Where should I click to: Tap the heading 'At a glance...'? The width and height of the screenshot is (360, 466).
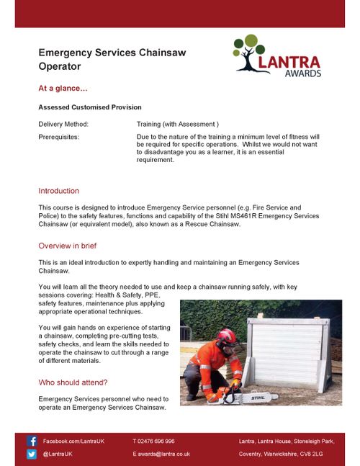click(63, 89)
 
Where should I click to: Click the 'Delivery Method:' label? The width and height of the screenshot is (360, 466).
click(63, 124)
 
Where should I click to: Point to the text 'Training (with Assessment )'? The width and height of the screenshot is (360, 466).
click(177, 124)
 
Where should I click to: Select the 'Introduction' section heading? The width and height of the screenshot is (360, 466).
click(58, 191)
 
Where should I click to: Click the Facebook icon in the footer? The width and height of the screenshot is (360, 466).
click(32, 441)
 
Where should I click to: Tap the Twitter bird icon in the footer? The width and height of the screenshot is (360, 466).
click(32, 454)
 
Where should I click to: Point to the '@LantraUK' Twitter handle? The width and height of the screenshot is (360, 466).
click(58, 454)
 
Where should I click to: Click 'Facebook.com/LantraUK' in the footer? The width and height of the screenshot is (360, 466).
click(73, 441)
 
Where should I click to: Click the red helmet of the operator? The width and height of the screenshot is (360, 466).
click(227, 336)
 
